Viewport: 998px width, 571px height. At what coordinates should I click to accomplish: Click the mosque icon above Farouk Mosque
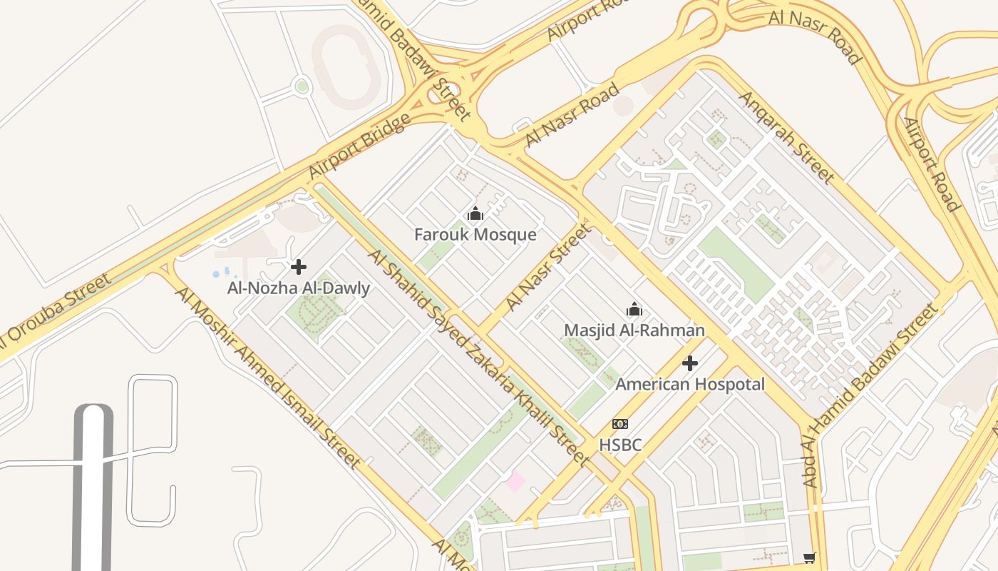coord(475,213)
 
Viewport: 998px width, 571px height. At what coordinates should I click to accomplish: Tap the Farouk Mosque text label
coord(475,234)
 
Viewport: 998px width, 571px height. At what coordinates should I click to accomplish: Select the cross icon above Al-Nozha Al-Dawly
coord(299,267)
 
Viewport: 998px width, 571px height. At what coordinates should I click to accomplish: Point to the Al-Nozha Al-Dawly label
coord(299,288)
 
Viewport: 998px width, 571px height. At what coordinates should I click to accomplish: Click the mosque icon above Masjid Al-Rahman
coord(634,309)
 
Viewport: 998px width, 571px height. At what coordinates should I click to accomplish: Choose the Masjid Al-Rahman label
coord(634,330)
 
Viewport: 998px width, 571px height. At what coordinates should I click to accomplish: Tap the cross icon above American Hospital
coord(689,363)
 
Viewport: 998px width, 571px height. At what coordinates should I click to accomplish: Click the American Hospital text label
coord(689,385)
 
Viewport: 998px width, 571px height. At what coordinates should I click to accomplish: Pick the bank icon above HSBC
coord(619,424)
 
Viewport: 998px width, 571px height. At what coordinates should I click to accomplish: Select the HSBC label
coord(619,445)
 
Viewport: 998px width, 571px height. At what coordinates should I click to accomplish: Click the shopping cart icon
coord(808,557)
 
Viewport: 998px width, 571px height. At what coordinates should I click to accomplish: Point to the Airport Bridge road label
coord(359,146)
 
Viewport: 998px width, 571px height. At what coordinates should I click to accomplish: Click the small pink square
coord(515,482)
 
